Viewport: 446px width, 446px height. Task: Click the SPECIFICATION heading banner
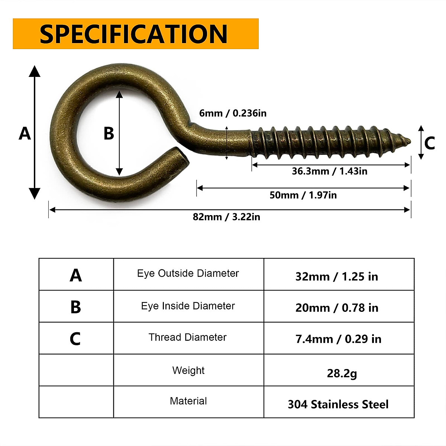[136, 34]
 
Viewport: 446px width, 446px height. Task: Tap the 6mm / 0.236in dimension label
[233, 113]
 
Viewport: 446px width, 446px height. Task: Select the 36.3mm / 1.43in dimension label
[329, 171]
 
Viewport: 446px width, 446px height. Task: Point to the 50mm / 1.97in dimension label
[303, 195]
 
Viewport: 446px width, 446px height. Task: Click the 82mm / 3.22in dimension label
[226, 217]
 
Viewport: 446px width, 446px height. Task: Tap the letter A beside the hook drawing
[25, 133]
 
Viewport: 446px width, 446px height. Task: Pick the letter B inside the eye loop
[109, 134]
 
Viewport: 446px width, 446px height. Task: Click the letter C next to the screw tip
[430, 143]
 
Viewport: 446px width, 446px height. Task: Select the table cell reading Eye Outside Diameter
[188, 274]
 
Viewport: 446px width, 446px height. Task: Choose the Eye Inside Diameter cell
[188, 306]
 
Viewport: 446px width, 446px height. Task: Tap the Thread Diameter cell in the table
[188, 337]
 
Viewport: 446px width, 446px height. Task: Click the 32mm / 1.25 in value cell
[337, 277]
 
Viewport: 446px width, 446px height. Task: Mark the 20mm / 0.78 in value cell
[337, 308]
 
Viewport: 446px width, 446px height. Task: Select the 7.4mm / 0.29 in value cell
[338, 339]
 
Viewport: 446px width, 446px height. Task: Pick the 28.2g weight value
[342, 373]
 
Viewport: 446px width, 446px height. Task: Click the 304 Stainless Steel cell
[338, 404]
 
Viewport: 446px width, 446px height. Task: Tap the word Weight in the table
[188, 371]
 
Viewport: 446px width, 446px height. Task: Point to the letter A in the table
[76, 275]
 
